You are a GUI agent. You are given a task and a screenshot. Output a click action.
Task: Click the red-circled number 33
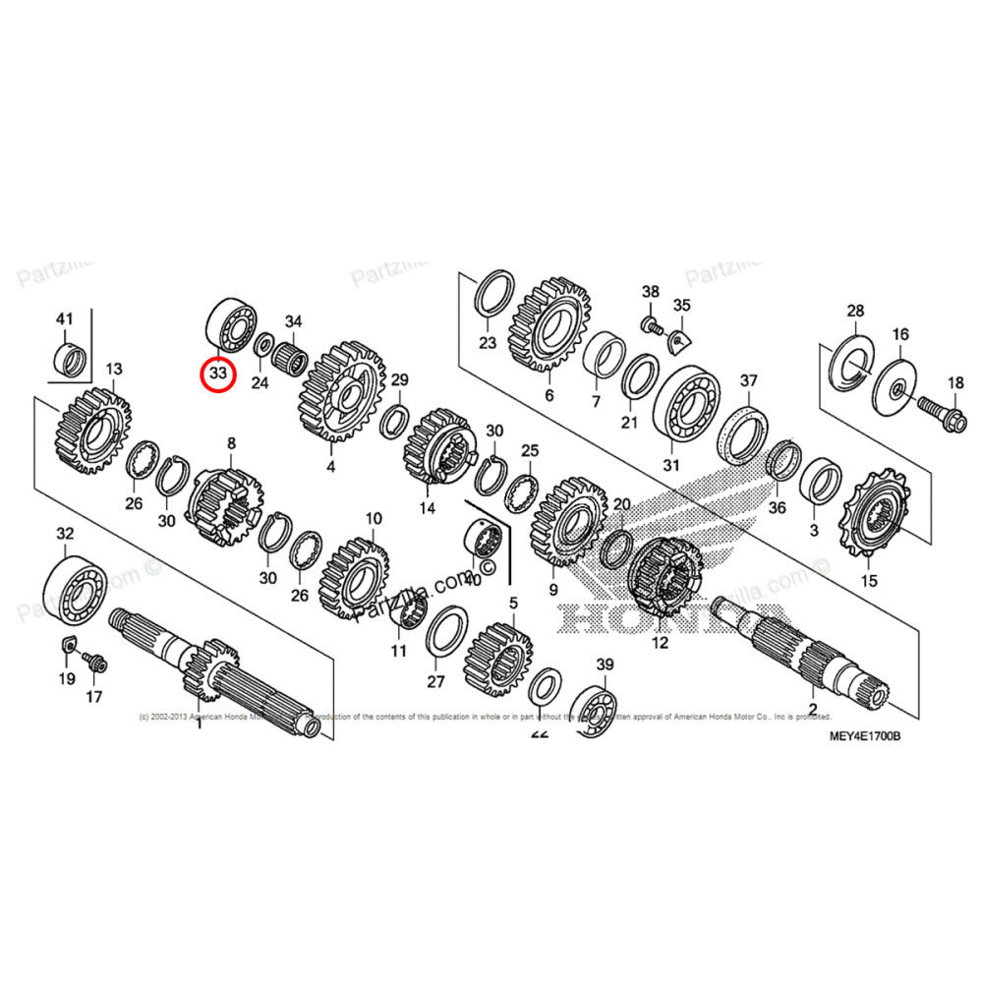216,374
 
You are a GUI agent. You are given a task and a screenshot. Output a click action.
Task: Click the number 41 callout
65,319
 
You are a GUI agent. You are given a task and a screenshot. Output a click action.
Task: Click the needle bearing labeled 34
292,354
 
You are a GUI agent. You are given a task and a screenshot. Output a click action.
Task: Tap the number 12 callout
659,644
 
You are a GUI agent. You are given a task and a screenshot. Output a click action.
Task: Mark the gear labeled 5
497,650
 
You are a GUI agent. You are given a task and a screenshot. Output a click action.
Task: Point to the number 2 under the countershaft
813,708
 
